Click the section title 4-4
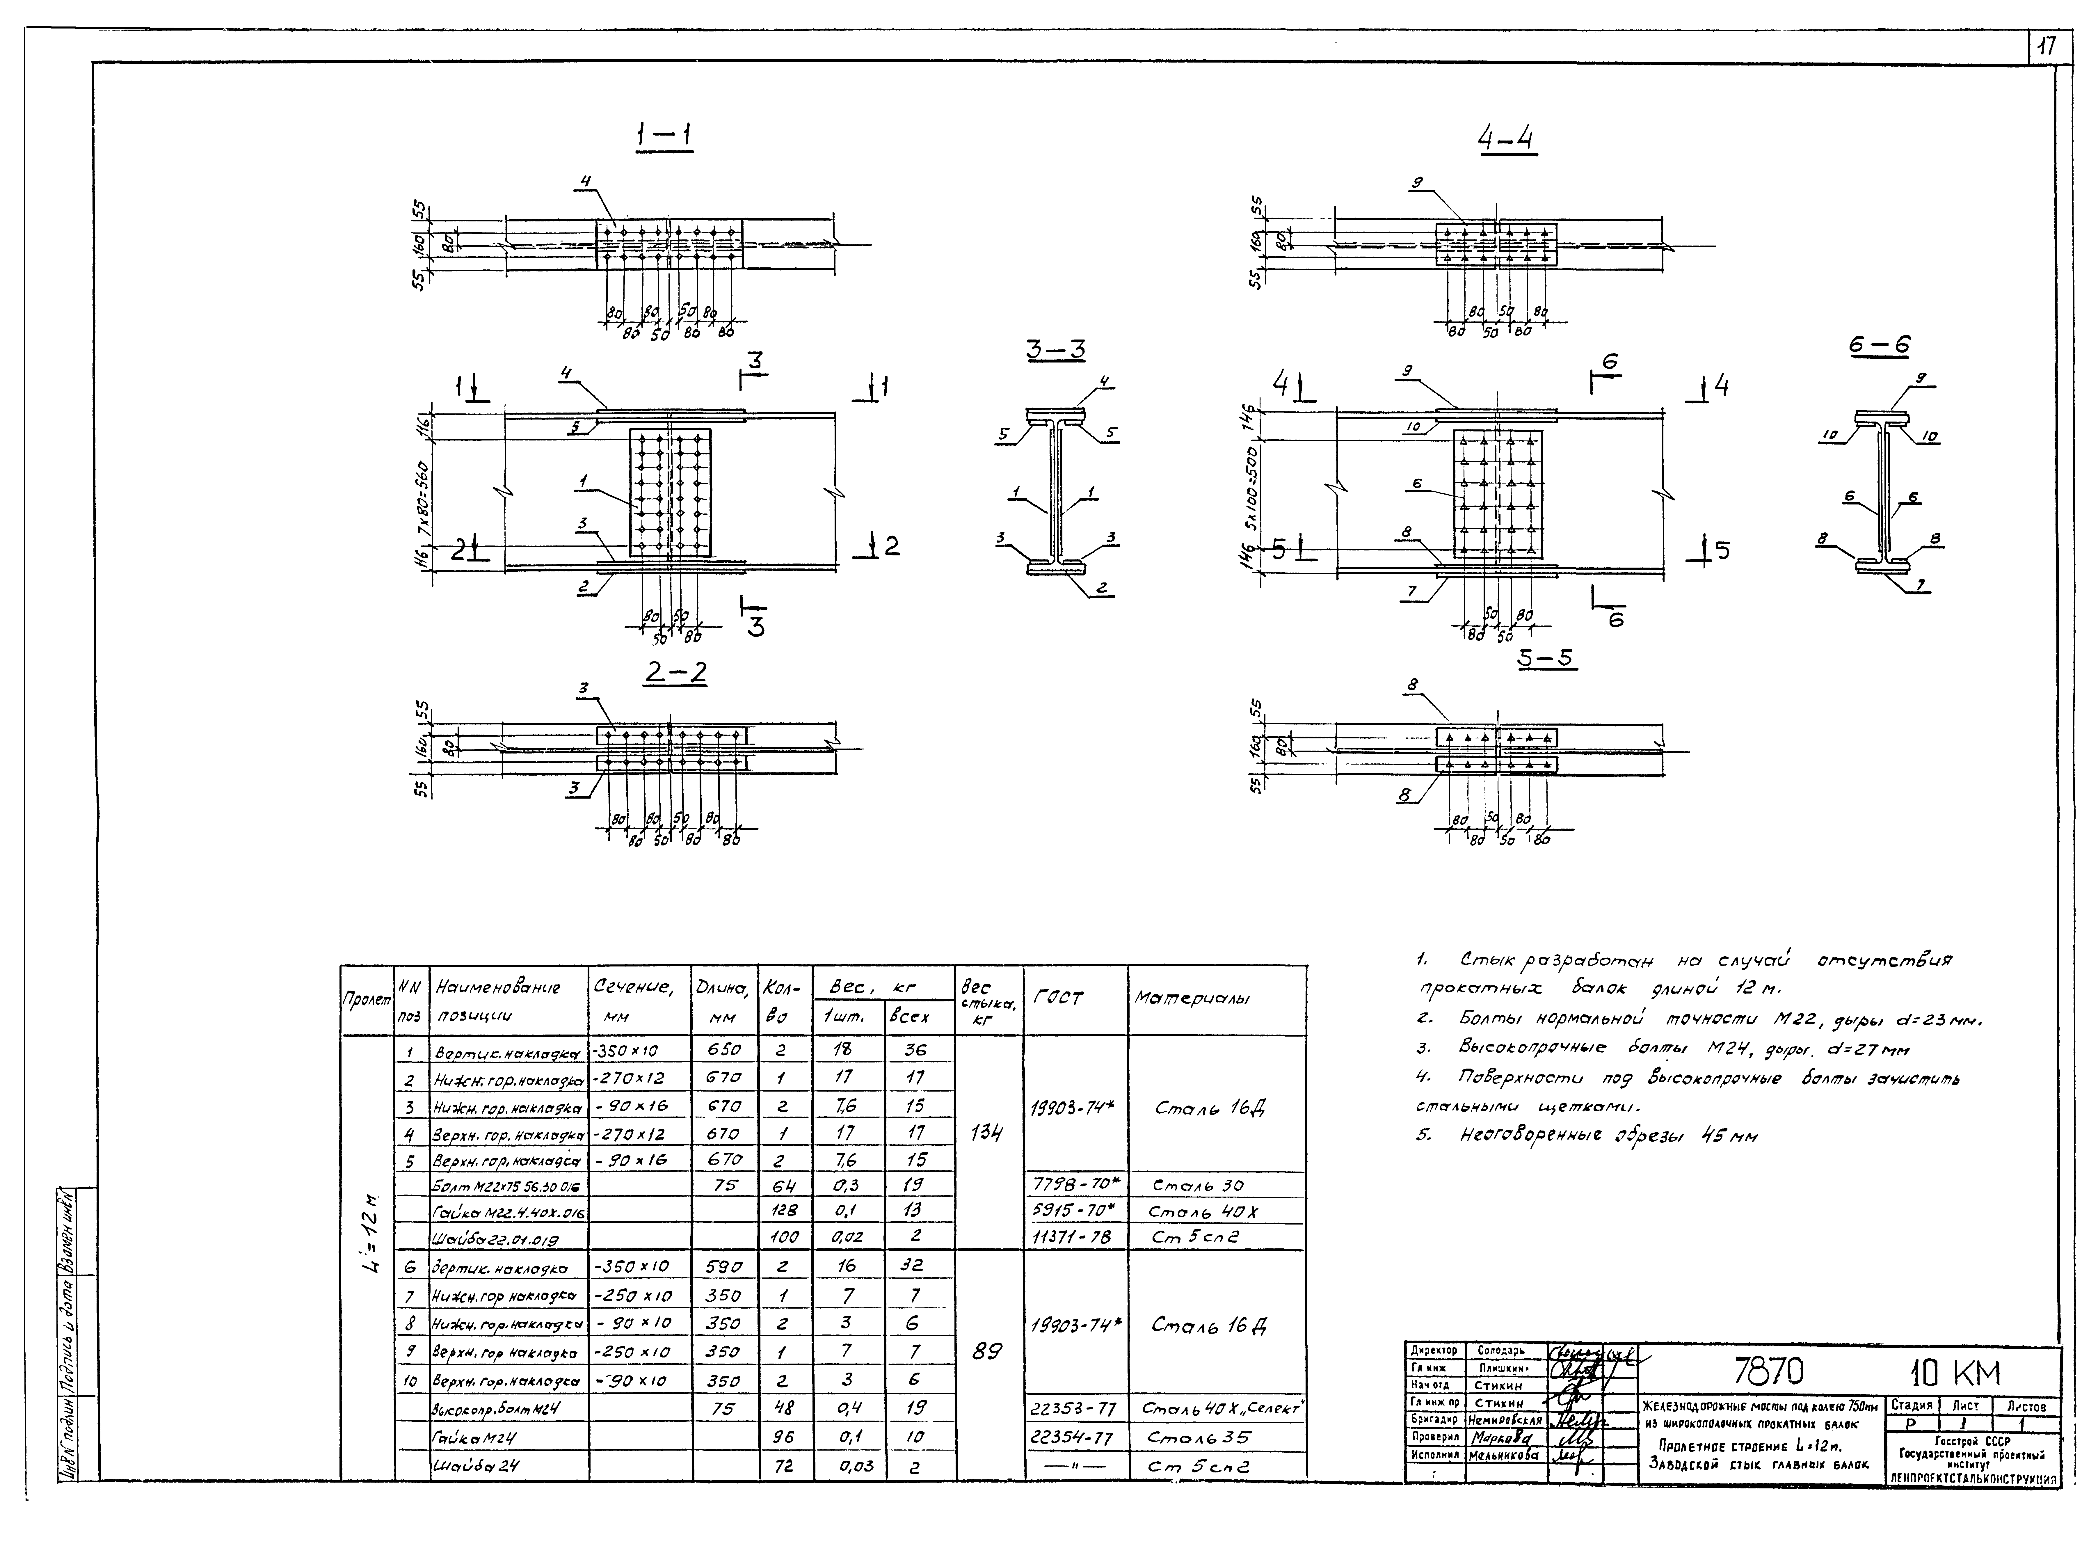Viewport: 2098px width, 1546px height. [1506, 141]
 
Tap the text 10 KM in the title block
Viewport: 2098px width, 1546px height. [1954, 1374]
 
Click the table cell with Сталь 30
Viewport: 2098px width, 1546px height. [1198, 1186]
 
